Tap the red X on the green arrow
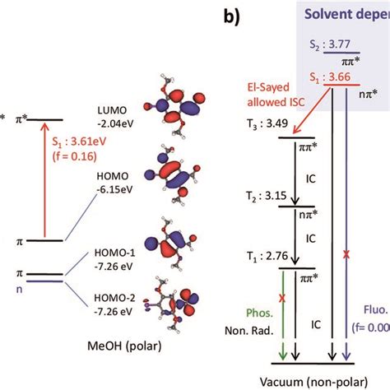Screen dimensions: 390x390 (x=282, y=299)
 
